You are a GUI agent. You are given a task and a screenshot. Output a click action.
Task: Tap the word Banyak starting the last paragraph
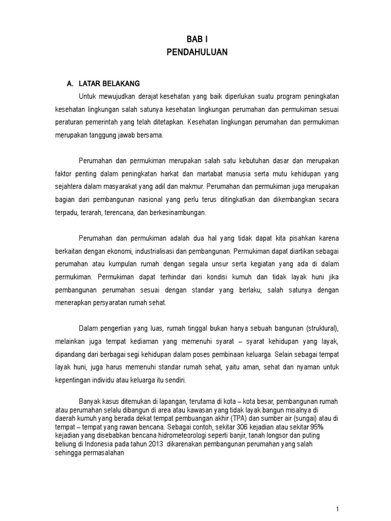point(90,401)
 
